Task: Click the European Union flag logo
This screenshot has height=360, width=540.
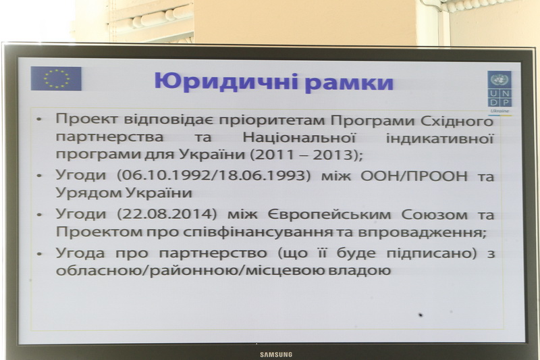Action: (x=56, y=78)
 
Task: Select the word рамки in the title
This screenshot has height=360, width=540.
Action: (x=349, y=84)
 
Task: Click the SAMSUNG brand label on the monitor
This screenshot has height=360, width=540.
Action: (x=276, y=355)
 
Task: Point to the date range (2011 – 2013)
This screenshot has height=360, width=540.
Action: (x=306, y=155)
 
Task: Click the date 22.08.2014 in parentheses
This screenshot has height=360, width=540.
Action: (x=167, y=214)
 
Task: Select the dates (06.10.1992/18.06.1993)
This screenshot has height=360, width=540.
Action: (x=214, y=176)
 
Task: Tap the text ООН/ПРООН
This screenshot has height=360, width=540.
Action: (x=414, y=176)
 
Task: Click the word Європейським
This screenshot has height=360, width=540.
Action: (x=329, y=215)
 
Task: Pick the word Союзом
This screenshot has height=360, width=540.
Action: (x=434, y=215)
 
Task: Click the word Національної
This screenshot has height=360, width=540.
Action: (x=299, y=138)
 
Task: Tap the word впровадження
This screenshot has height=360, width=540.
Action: (x=423, y=232)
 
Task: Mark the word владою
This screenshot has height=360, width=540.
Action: (x=359, y=270)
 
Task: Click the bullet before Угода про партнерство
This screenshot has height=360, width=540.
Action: (x=39, y=254)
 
